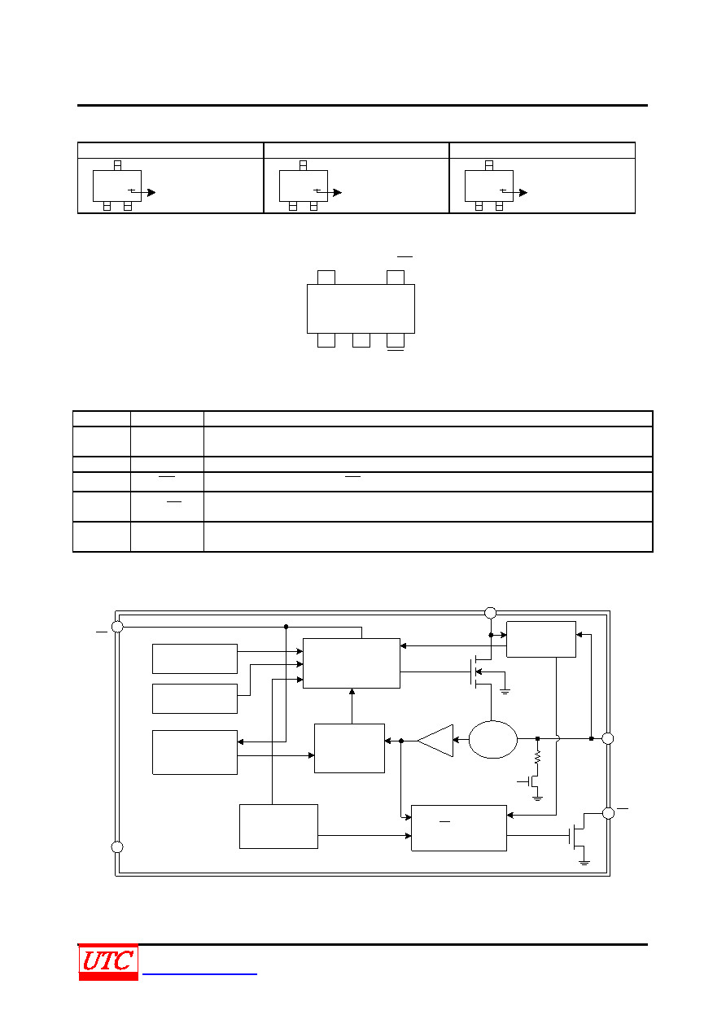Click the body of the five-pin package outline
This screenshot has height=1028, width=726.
pos(361,308)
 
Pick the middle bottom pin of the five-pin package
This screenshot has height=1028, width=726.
pos(361,340)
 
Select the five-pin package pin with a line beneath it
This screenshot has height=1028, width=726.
pos(395,340)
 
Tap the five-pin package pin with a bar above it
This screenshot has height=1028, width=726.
pos(395,278)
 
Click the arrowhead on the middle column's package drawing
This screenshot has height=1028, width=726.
pos(337,192)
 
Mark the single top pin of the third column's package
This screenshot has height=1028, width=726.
pos(489,165)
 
